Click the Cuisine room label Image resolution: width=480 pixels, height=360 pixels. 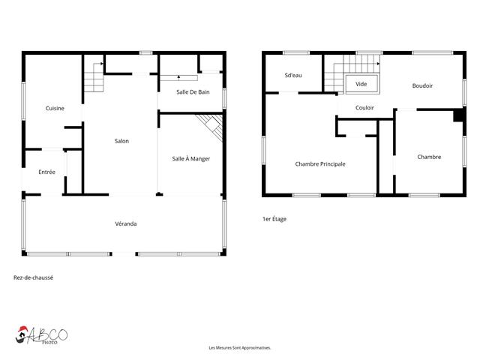coord(55,108)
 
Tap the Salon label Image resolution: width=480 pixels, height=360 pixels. coord(121,141)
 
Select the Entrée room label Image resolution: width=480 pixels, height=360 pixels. coord(47,172)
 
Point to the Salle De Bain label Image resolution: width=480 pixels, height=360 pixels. coord(191,91)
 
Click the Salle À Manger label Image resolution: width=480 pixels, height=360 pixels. coord(190,158)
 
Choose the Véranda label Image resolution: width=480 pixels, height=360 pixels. coord(125,223)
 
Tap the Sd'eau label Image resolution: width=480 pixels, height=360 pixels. coord(293,75)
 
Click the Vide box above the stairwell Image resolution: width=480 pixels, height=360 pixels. coord(361,84)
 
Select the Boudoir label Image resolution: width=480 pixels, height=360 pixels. coord(422,85)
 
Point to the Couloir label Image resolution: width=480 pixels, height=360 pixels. coord(364,108)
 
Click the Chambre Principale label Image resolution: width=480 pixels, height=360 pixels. coord(320,163)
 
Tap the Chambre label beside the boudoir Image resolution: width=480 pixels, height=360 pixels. coord(429,157)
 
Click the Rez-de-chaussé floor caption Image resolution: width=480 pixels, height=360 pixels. coord(33,277)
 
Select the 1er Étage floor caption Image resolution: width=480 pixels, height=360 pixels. coord(274,219)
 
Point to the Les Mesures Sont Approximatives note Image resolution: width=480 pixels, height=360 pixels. coord(239,348)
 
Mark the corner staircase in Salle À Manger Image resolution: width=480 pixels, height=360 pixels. coord(211,126)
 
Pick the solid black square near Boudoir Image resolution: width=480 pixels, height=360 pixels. coord(457,115)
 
